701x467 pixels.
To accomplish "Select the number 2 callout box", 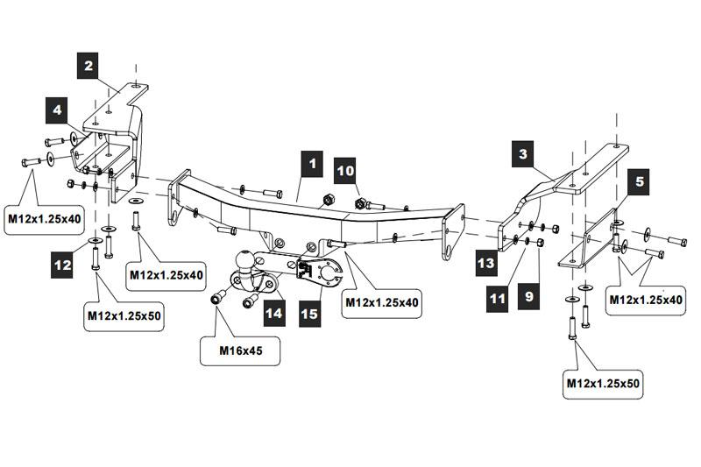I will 89,64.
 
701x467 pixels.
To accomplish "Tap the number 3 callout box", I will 523,155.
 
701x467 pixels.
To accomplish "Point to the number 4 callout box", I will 58,111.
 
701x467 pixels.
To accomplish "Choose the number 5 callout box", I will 640,182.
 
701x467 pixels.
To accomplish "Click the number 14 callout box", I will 275,312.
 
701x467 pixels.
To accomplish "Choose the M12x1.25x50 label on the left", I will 124,314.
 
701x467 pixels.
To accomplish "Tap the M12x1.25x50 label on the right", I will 603,384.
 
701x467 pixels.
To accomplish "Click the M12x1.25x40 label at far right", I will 646,301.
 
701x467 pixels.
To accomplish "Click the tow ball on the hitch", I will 245,262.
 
